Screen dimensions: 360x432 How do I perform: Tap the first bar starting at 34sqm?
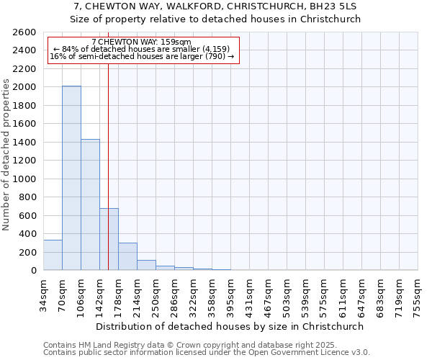(53, 255)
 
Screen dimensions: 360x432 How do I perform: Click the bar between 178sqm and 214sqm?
(127, 256)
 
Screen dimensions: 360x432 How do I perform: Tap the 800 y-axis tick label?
(27, 197)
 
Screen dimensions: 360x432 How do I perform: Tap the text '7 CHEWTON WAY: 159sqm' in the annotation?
(142, 42)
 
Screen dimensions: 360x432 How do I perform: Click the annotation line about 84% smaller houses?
(142, 49)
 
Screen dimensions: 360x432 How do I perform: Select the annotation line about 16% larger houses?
(142, 56)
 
